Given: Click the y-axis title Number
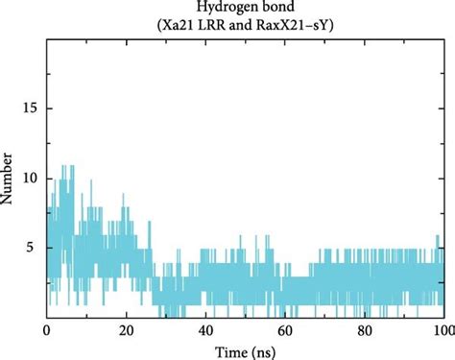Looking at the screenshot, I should (9, 179).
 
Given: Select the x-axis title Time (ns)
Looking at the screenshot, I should (245, 350).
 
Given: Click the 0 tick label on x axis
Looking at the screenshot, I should (47, 330).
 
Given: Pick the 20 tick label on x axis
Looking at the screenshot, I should (126, 330).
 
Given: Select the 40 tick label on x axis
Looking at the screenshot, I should (205, 330).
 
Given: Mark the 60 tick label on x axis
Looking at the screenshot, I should (284, 330).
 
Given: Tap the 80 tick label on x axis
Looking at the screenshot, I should (364, 330).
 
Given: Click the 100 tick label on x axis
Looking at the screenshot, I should (441, 330).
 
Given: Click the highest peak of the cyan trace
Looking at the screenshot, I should (64, 165).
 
